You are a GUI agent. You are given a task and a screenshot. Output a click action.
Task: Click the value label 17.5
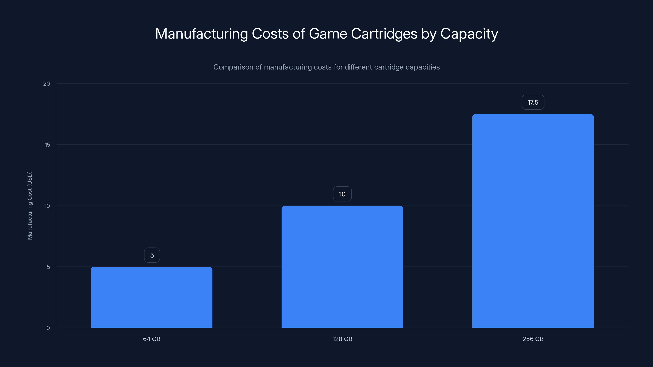533,102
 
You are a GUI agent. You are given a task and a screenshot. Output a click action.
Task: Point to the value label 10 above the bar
342,194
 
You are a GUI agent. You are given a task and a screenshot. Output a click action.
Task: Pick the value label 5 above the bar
152,255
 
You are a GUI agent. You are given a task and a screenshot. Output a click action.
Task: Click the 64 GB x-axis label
152,339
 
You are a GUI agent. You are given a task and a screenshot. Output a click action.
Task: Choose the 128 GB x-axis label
342,339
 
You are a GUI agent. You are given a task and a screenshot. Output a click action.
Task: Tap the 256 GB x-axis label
533,339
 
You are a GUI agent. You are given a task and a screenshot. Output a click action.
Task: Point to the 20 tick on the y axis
47,84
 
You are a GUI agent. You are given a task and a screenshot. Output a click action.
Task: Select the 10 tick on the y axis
47,206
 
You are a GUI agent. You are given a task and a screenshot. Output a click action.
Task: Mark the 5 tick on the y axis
48,267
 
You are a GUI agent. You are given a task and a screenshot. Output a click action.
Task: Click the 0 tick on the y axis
48,328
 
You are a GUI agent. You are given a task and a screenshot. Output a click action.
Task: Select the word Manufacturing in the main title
202,34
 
